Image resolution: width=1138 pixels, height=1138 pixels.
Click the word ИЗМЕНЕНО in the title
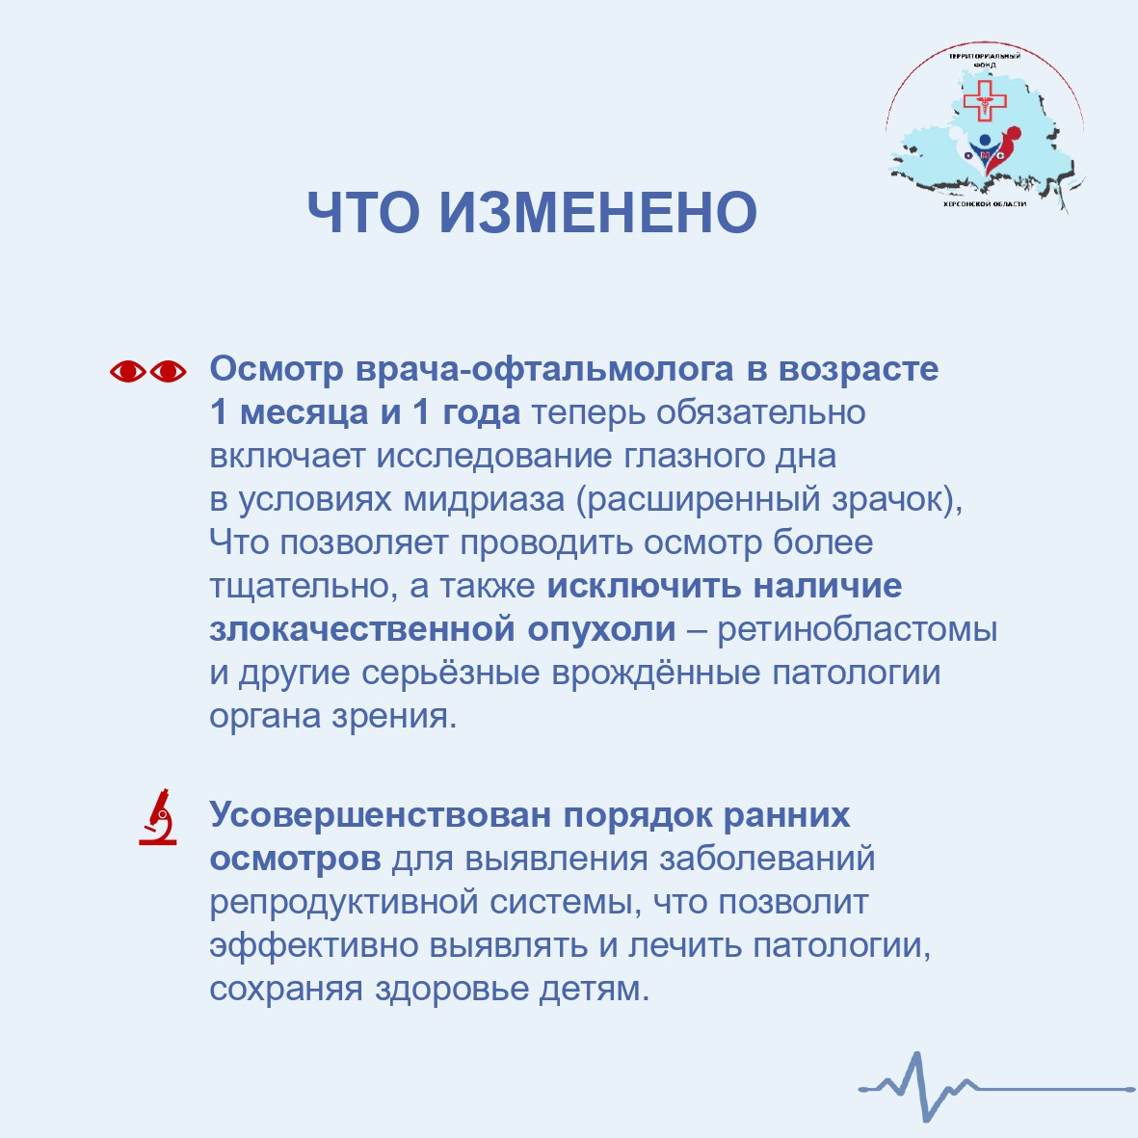[x=598, y=213]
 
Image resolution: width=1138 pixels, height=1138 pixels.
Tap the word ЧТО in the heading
[x=363, y=213]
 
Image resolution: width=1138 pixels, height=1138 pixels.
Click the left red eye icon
[x=128, y=372]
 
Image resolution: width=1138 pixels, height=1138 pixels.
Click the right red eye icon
[x=169, y=372]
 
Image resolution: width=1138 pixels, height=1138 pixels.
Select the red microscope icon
[x=158, y=816]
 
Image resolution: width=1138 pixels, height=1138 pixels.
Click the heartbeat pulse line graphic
[x=996, y=1087]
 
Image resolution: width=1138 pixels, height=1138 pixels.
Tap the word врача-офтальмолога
[x=544, y=369]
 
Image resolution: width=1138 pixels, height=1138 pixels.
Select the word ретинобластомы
[x=858, y=629]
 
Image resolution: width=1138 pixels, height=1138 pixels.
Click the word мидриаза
[x=484, y=500]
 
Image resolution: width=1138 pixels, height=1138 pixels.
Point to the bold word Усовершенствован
[x=381, y=815]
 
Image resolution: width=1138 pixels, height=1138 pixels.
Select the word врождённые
[x=655, y=674]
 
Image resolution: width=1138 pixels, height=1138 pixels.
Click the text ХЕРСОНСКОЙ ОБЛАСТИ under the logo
[x=984, y=204]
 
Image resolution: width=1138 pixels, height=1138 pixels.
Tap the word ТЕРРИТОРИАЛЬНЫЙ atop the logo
[x=984, y=56]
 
